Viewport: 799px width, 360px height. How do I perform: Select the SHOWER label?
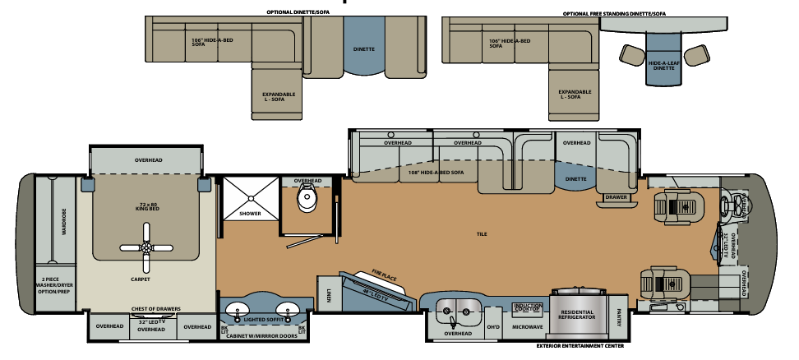tap(250, 214)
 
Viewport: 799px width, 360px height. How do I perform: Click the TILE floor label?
tap(482, 234)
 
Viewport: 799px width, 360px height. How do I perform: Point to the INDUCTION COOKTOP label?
tap(527, 307)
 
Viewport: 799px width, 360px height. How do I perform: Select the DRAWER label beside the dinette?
tap(616, 197)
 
